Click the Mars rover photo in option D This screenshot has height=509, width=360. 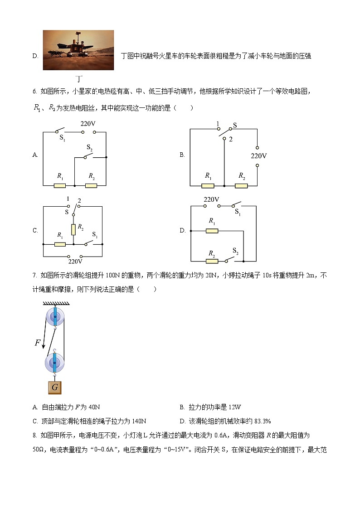click(x=78, y=50)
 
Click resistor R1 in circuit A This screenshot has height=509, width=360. click(x=60, y=185)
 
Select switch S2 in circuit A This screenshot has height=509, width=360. click(x=89, y=155)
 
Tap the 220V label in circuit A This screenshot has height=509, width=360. click(x=88, y=123)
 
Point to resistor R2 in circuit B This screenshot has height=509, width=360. click(x=241, y=185)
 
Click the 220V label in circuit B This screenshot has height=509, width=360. click(x=259, y=155)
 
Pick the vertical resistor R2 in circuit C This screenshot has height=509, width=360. click(x=73, y=228)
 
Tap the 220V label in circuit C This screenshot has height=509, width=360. click(x=75, y=262)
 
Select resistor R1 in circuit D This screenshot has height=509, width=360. click(x=212, y=231)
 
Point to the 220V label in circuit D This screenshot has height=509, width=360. click(x=211, y=199)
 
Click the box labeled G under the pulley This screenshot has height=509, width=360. click(x=54, y=388)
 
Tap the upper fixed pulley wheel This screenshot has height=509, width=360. click(x=54, y=315)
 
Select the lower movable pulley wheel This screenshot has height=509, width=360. click(x=54, y=363)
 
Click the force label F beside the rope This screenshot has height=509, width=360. click(x=38, y=343)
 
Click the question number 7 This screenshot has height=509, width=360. click(x=34, y=275)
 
